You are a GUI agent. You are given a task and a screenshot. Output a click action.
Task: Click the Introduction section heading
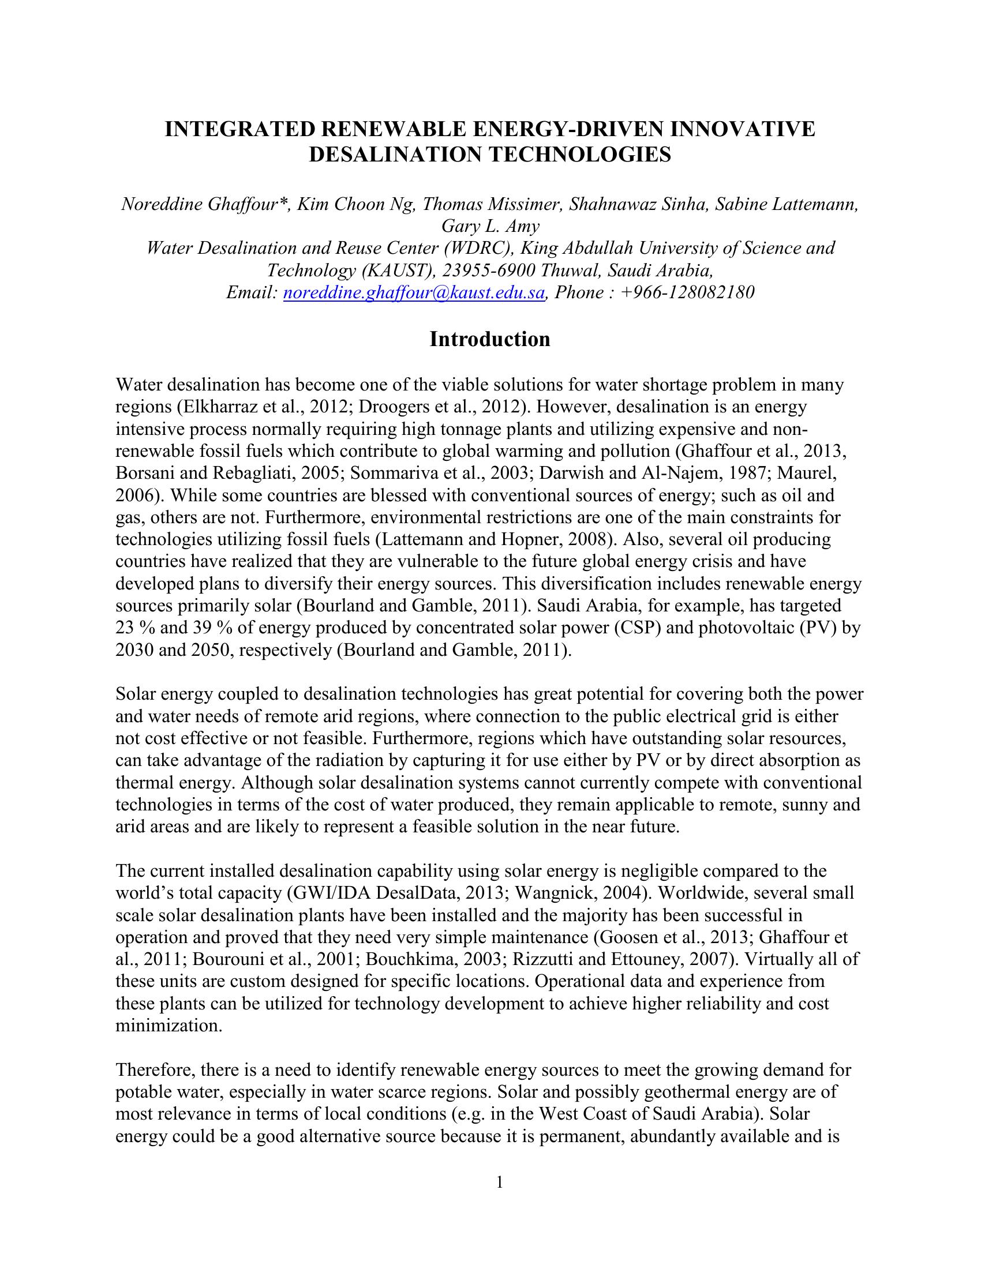point(489,339)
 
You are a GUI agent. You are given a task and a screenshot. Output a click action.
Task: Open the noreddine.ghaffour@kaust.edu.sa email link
point(413,292)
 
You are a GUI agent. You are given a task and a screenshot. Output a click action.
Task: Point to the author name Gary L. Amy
point(490,226)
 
